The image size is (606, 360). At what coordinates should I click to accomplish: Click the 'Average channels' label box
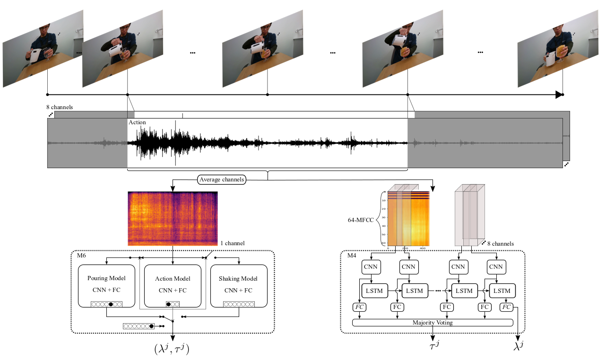pos(221,180)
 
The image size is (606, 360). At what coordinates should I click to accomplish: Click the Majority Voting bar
pos(433,323)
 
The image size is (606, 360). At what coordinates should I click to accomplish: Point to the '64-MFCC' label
pos(361,219)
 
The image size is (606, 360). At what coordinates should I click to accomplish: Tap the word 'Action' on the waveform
pos(137,122)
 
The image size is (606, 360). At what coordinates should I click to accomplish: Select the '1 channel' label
pos(233,243)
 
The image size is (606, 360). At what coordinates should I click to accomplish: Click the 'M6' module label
pos(81,256)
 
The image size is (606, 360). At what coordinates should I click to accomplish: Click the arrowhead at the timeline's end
pos(559,94)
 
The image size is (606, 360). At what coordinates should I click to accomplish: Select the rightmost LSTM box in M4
pos(502,290)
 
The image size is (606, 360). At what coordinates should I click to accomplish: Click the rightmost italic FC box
pos(506,307)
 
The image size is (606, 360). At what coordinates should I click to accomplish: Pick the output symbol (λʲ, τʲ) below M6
pos(173,349)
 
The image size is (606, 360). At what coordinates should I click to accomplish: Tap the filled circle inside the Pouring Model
pos(111,304)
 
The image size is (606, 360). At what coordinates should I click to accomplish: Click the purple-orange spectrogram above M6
pos(173,218)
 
